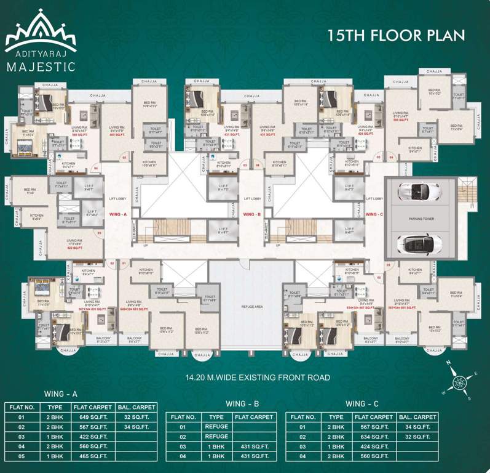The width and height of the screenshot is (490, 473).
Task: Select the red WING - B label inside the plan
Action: tap(253, 214)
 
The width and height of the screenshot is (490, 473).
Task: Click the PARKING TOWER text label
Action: tap(420, 218)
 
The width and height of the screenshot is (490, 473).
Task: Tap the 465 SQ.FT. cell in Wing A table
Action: tap(93, 456)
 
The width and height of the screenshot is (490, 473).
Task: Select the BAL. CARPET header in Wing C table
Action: tap(418, 417)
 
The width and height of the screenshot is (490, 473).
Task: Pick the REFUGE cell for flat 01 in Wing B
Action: tap(218, 427)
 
